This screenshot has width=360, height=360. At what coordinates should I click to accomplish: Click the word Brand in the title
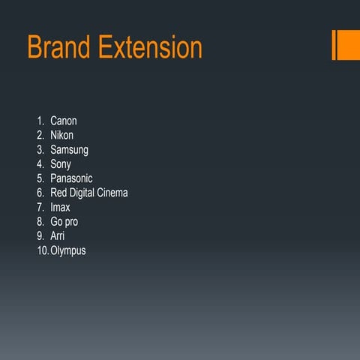pyautogui.click(x=60, y=47)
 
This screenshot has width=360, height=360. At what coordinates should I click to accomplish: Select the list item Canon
pyautogui.click(x=64, y=121)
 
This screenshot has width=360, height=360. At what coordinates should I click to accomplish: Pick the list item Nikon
pyautogui.click(x=62, y=135)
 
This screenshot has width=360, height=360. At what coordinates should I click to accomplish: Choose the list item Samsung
pyautogui.click(x=69, y=149)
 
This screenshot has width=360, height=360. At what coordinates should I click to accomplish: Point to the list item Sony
pyautogui.click(x=61, y=163)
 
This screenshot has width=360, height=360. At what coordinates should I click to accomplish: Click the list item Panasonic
pyautogui.click(x=72, y=178)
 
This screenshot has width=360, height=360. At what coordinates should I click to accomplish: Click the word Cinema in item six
pyautogui.click(x=113, y=193)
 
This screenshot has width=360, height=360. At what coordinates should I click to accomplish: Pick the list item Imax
pyautogui.click(x=61, y=207)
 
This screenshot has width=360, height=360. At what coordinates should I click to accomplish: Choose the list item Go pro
pyautogui.click(x=64, y=222)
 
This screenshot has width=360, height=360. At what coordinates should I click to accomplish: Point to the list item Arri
pyautogui.click(x=58, y=236)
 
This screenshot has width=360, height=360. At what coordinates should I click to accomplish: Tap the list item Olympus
pyautogui.click(x=68, y=250)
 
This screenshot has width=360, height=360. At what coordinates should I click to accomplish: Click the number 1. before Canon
pyautogui.click(x=40, y=121)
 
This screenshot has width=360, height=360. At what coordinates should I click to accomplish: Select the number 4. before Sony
pyautogui.click(x=40, y=163)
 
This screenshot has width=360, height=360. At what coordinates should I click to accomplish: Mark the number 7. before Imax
pyautogui.click(x=40, y=207)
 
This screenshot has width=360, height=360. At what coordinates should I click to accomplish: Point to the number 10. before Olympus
pyautogui.click(x=42, y=250)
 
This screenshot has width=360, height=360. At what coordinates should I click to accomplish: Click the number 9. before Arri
pyautogui.click(x=40, y=236)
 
